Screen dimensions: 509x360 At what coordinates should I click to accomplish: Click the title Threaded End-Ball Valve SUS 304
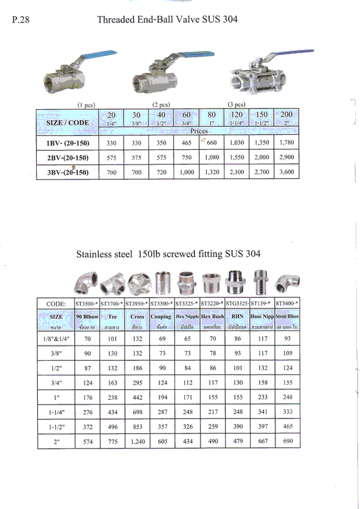click(167, 20)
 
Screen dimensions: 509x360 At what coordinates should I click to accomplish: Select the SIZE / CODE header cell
click(67, 123)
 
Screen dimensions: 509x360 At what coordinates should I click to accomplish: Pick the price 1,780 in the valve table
click(285, 144)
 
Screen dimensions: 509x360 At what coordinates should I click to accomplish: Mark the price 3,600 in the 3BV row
click(285, 172)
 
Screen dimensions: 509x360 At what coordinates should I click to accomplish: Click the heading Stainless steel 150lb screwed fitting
click(168, 254)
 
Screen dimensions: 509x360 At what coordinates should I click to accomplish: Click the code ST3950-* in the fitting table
click(137, 304)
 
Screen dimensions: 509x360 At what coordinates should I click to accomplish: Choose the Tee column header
click(112, 316)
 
